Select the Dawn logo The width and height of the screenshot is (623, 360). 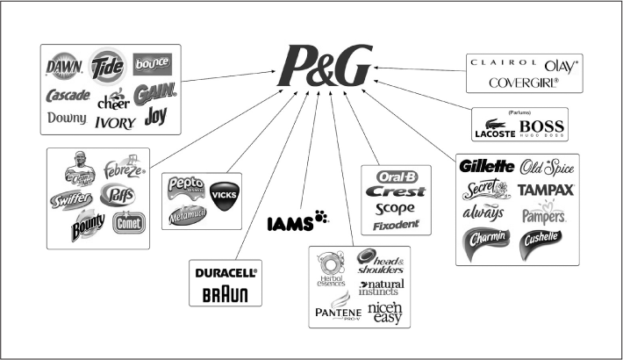coord(64,66)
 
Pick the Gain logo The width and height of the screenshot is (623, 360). coord(154,91)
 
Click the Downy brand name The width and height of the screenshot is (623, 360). coord(67,118)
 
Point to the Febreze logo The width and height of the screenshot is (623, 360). coord(123,167)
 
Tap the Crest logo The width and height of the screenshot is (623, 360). coord(394,191)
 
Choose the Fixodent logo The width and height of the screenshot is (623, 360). coord(394,226)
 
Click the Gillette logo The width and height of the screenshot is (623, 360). coord(485,165)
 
